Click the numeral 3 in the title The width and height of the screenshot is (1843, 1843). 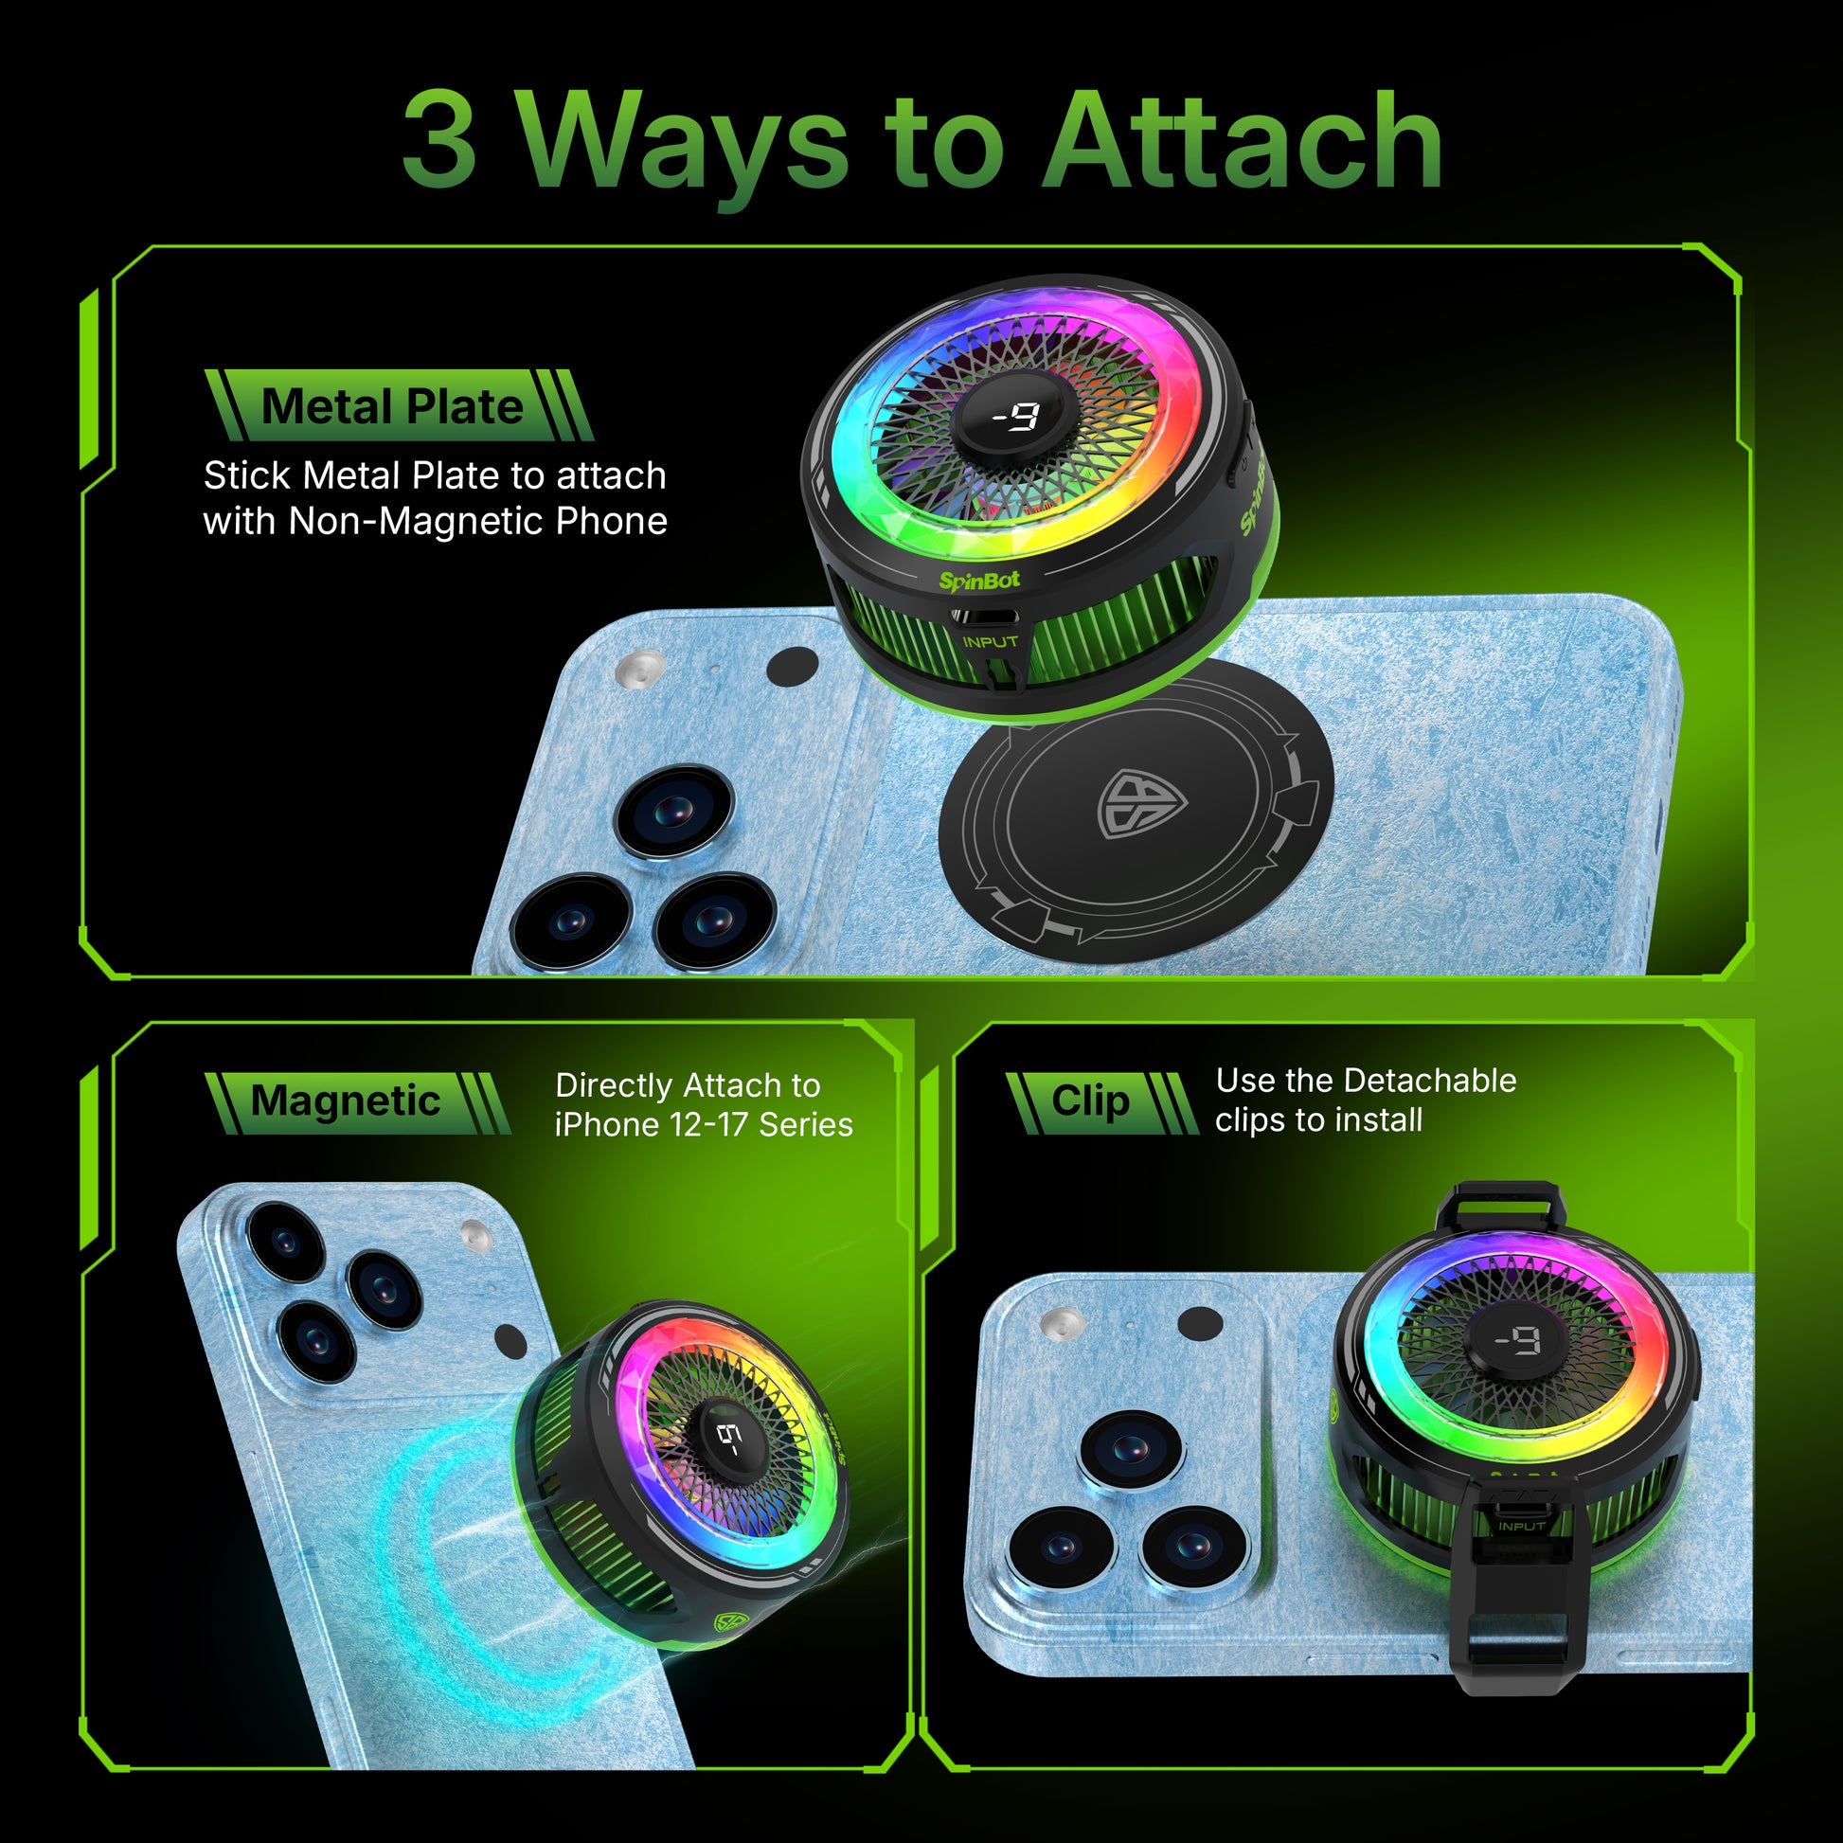(438, 140)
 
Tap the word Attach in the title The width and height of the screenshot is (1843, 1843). (1241, 140)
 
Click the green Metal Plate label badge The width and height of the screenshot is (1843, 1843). (399, 405)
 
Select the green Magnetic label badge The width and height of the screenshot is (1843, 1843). (357, 1102)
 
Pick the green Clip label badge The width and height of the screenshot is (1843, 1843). (1100, 1102)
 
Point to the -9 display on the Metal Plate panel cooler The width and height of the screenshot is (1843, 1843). (1015, 417)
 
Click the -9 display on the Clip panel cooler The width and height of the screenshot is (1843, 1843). (1517, 1342)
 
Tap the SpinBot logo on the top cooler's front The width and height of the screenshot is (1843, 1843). (978, 580)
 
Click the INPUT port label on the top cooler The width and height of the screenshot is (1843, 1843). (991, 642)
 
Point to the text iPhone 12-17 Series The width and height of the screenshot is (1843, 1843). (704, 1125)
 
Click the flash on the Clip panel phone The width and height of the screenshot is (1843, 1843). (1063, 1321)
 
